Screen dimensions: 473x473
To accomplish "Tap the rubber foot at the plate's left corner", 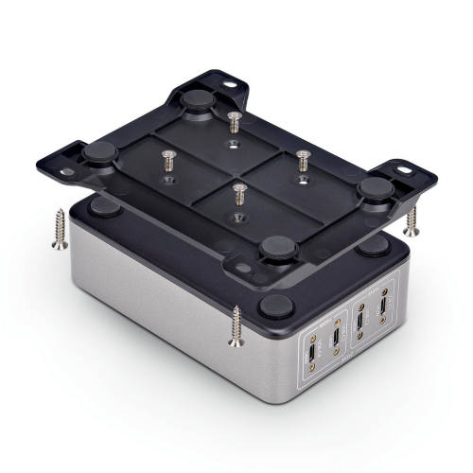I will click(97, 153).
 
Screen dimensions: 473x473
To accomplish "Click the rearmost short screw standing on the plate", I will click(234, 121).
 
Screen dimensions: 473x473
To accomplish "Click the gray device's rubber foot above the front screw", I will click(274, 305).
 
